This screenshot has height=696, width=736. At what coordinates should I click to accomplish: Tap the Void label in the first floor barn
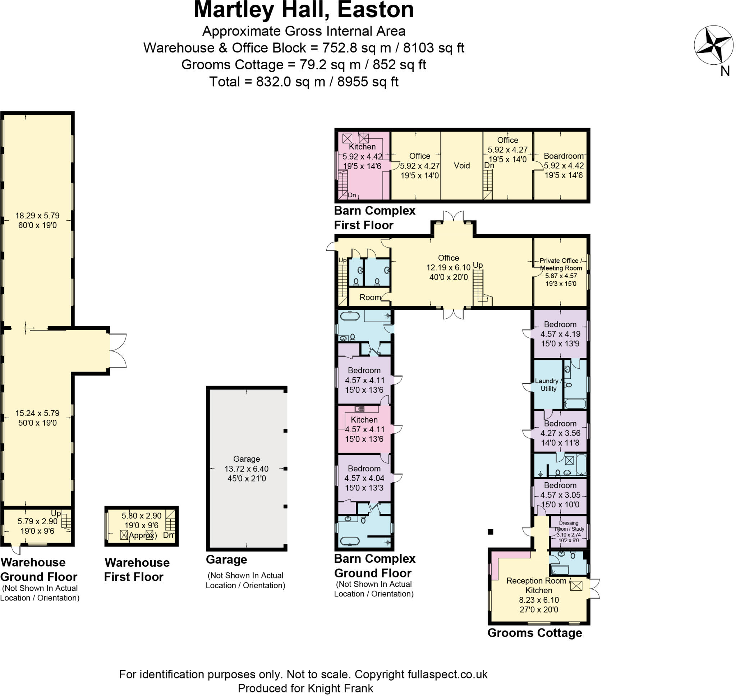tap(462, 166)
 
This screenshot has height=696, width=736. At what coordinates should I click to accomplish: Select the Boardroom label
tap(563, 156)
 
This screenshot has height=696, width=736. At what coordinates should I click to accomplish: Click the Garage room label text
tap(246, 459)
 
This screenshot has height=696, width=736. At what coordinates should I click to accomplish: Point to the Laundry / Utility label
tap(548, 385)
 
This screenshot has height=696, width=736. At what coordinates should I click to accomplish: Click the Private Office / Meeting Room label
tap(561, 264)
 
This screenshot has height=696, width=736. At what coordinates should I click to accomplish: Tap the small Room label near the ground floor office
tap(370, 297)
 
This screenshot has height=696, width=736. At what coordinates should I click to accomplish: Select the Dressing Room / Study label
tap(569, 526)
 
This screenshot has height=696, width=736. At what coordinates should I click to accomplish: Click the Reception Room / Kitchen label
tap(539, 585)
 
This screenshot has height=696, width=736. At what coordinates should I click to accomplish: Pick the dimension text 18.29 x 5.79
tap(37, 216)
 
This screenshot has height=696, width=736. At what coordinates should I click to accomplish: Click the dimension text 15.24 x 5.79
tap(37, 413)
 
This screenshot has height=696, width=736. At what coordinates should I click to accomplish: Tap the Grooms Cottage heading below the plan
tap(534, 632)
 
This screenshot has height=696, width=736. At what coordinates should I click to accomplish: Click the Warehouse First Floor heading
tap(137, 570)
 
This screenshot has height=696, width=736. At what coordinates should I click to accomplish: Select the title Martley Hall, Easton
tap(303, 10)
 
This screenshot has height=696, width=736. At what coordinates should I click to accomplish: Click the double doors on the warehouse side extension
tap(118, 351)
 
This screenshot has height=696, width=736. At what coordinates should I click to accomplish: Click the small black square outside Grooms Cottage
tap(491, 532)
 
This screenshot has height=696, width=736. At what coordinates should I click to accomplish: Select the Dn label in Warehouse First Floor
tap(168, 535)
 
